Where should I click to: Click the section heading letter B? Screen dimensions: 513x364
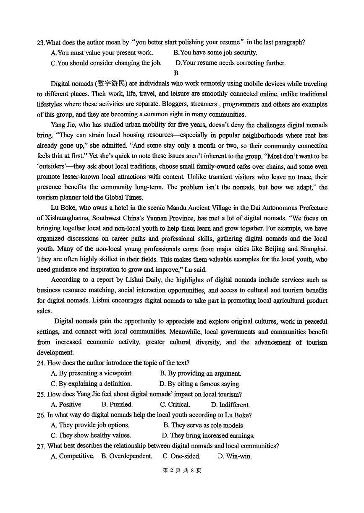pyautogui.click(x=176, y=73)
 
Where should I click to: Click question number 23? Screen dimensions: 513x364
pyautogui.click(x=40, y=42)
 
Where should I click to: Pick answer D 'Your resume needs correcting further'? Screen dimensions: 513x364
pyautogui.click(x=230, y=63)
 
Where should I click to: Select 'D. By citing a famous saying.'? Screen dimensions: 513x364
pyautogui.click(x=199, y=384)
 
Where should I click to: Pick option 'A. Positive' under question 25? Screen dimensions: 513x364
pyautogui.click(x=66, y=405)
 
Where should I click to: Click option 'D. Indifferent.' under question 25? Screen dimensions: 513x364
pyautogui.click(x=230, y=405)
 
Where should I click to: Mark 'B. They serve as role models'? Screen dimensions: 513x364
pyautogui.click(x=203, y=425)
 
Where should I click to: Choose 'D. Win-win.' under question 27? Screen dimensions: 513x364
pyautogui.click(x=234, y=456)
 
